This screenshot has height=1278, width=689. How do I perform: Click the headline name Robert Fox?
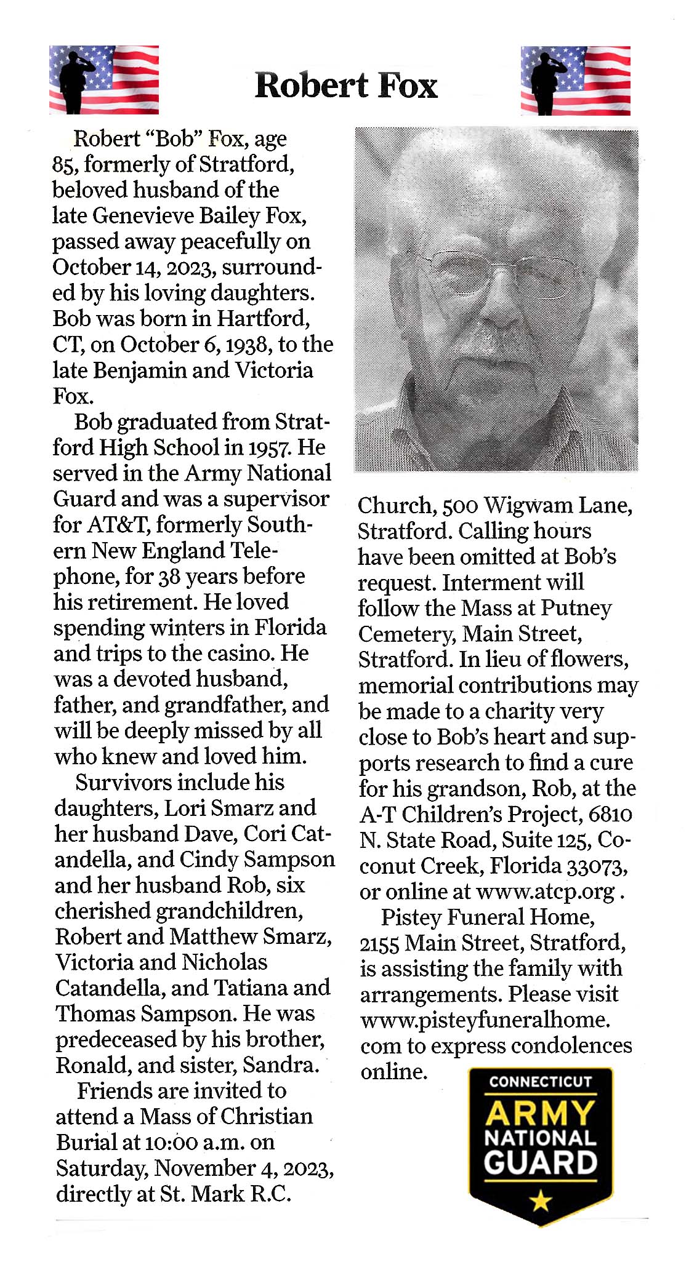[x=345, y=86]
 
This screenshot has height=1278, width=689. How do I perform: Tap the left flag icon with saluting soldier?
[x=104, y=80]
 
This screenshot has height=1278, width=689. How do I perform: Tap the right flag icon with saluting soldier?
[x=575, y=81]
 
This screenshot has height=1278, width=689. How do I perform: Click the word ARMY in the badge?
[x=541, y=1113]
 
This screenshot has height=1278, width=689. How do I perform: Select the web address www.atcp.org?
[x=546, y=892]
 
